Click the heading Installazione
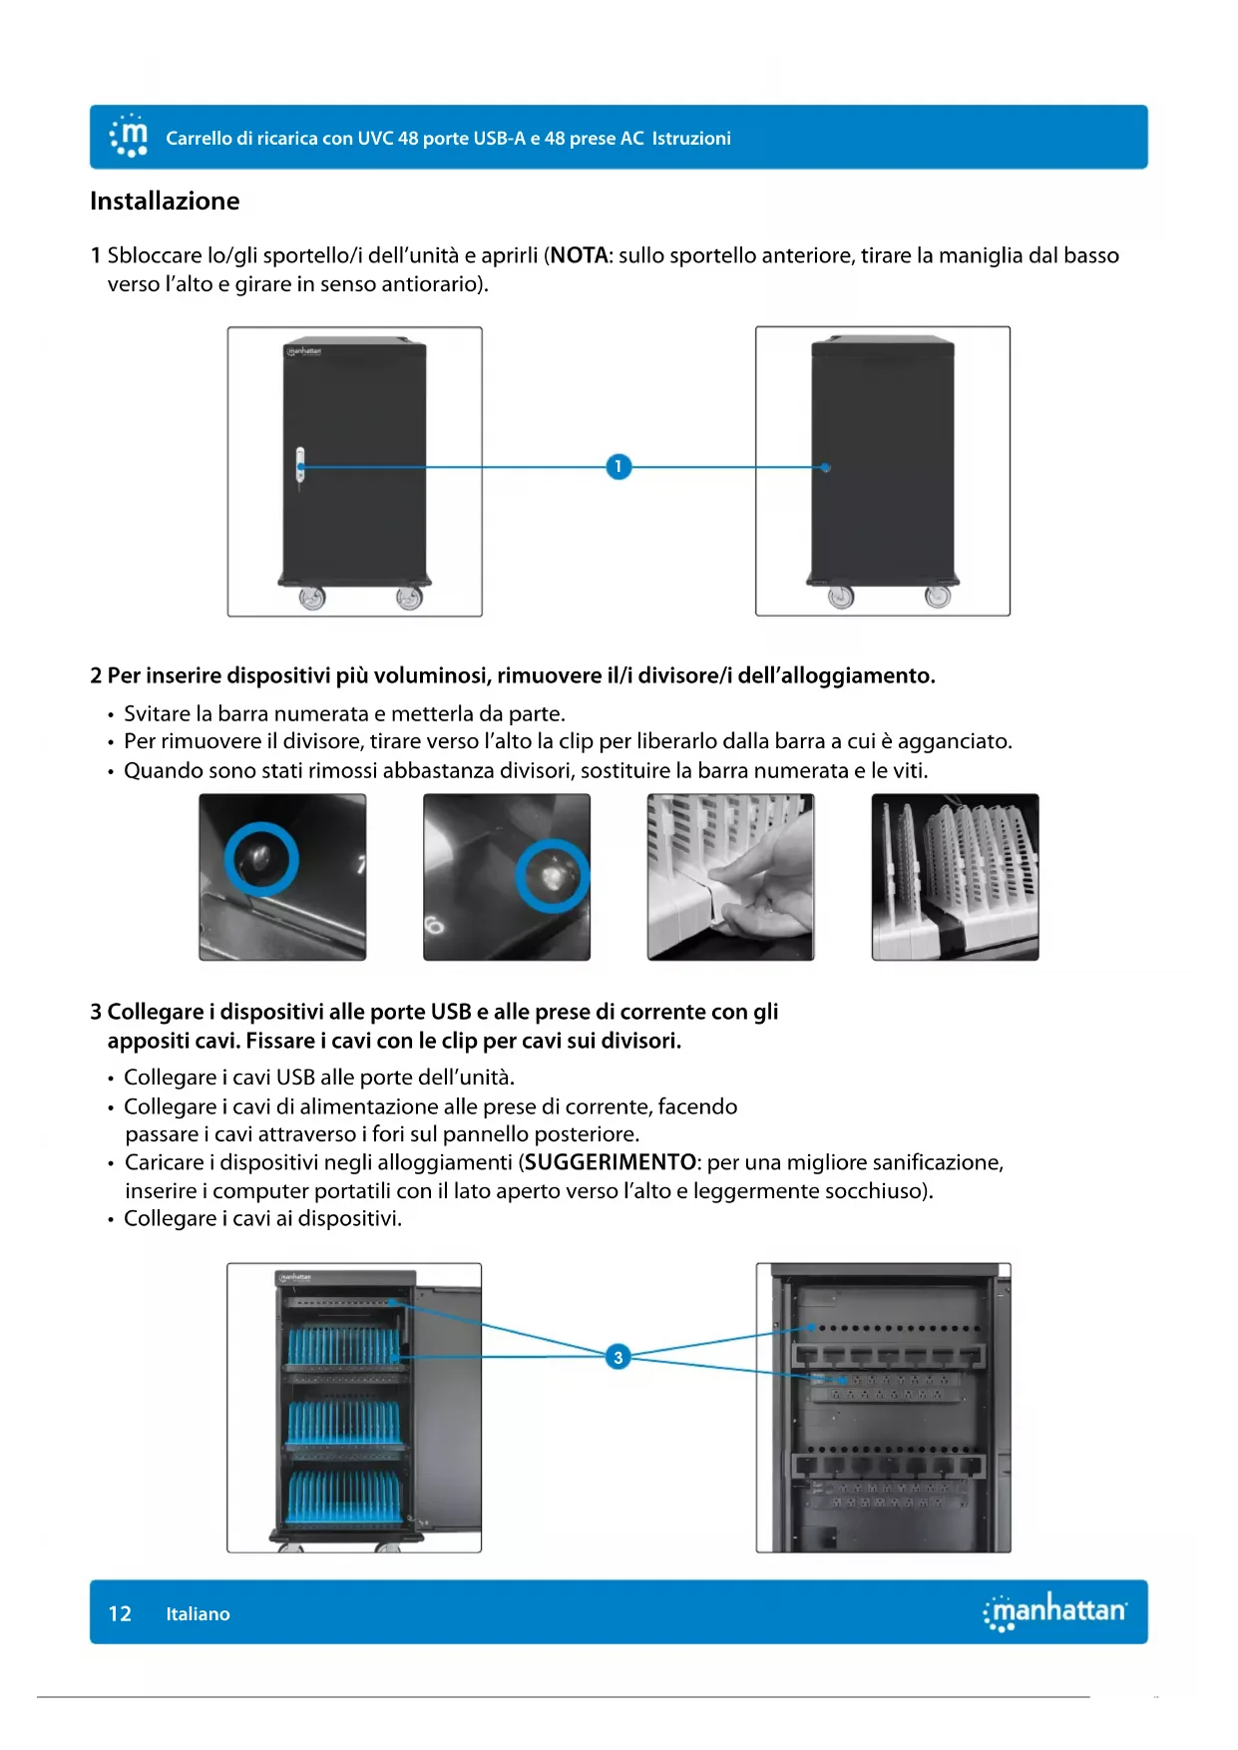pyautogui.click(x=165, y=202)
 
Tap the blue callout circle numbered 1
pyautogui.click(x=619, y=466)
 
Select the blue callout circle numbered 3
pyautogui.click(x=619, y=1357)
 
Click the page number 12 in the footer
pyautogui.click(x=120, y=1613)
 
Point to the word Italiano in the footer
pyautogui.click(x=198, y=1613)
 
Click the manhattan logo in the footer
pyautogui.click(x=1054, y=1611)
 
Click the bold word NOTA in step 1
pyautogui.click(x=580, y=255)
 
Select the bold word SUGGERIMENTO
pyautogui.click(x=610, y=1162)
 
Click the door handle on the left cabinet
pyautogui.click(x=300, y=466)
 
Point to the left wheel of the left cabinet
pyautogui.click(x=312, y=598)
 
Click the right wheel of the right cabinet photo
pyautogui.click(x=938, y=596)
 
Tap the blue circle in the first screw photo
pyautogui.click(x=261, y=859)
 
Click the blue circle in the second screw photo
pyautogui.click(x=552, y=875)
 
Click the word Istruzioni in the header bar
pyautogui.click(x=691, y=139)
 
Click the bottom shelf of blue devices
pyautogui.click(x=343, y=1497)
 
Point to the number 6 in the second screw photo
pyautogui.click(x=435, y=925)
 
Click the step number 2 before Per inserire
pyautogui.click(x=96, y=676)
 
